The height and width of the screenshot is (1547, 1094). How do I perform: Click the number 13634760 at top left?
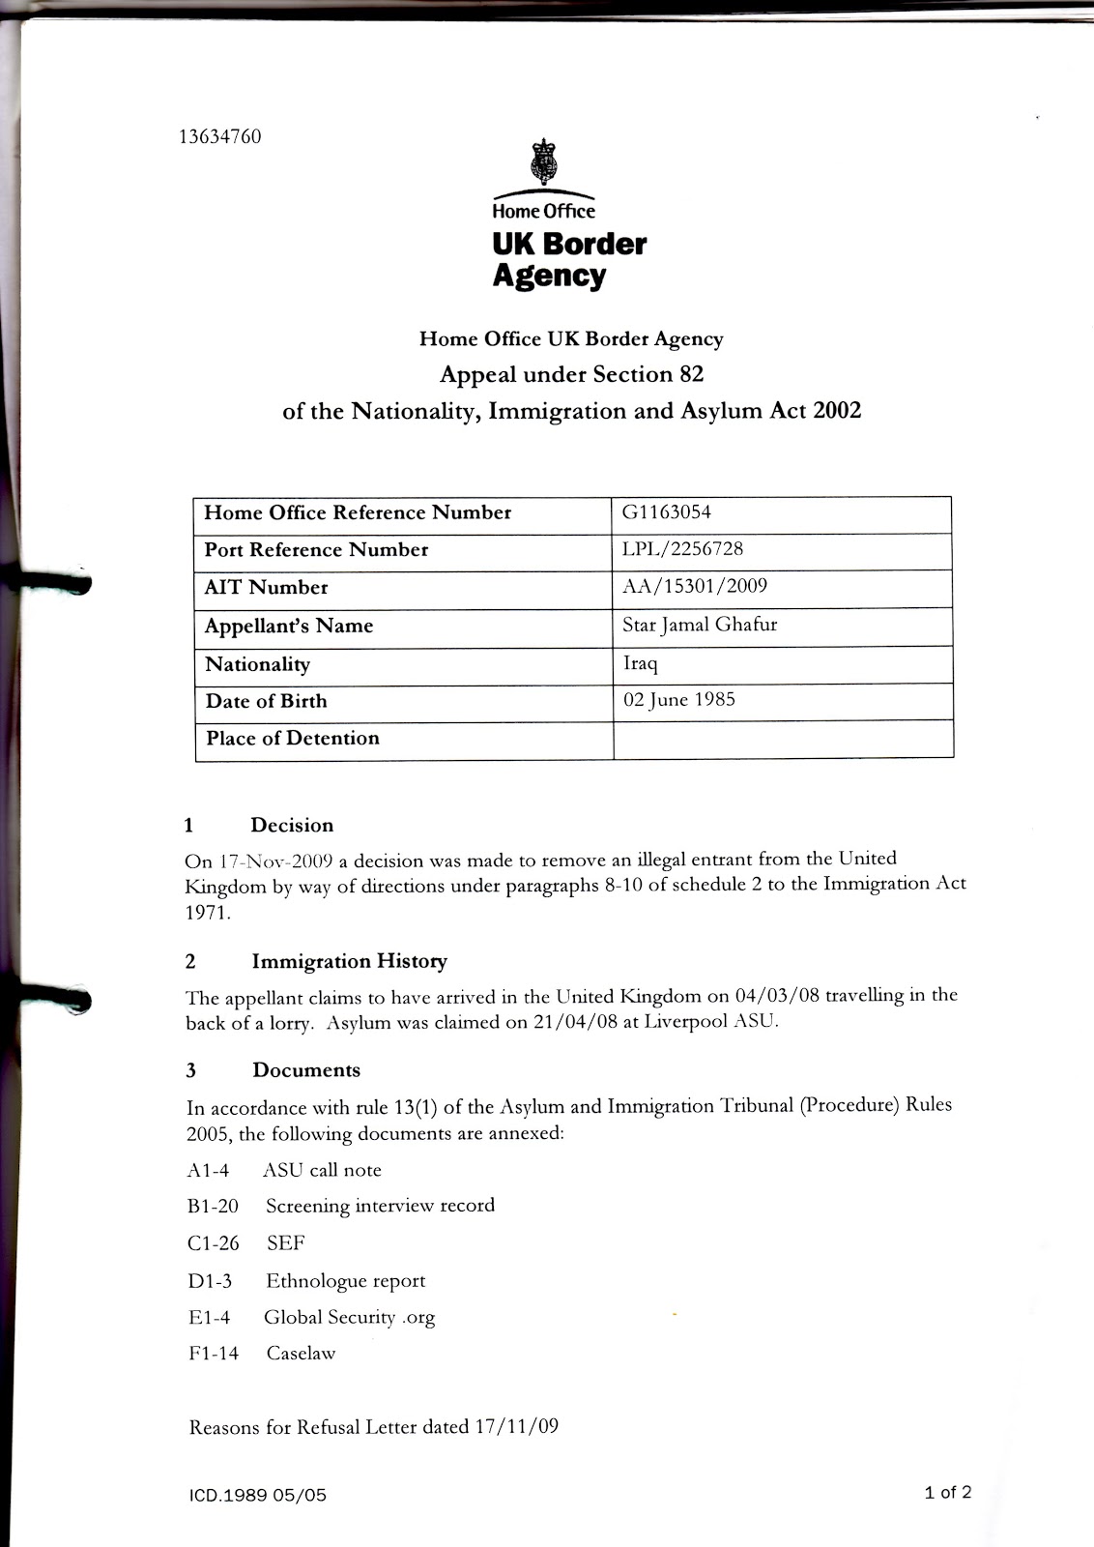pyautogui.click(x=219, y=136)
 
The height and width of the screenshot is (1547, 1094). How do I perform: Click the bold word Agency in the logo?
pyautogui.click(x=549, y=276)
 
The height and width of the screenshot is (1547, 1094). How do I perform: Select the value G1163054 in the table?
pyautogui.click(x=667, y=512)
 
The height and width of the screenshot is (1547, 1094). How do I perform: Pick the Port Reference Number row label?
pyautogui.click(x=316, y=550)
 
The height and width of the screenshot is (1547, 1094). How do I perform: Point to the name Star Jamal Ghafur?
pyautogui.click(x=700, y=625)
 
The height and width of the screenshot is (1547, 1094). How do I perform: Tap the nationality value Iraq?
pyautogui.click(x=640, y=663)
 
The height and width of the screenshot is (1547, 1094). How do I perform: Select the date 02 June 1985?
pyautogui.click(x=678, y=699)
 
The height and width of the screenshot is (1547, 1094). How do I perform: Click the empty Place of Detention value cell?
pyautogui.click(x=782, y=739)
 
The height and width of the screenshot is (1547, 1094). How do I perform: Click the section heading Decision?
pyautogui.click(x=292, y=826)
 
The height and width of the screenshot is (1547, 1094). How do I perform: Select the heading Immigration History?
pyautogui.click(x=349, y=962)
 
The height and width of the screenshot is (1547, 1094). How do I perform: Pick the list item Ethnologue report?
pyautogui.click(x=345, y=1281)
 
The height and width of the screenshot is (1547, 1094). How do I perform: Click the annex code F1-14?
pyautogui.click(x=214, y=1354)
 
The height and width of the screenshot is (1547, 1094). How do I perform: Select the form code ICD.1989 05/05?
pyautogui.click(x=258, y=1496)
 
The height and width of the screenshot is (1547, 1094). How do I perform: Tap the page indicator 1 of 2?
pyautogui.click(x=947, y=1492)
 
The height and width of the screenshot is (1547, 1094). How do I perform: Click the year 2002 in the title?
pyautogui.click(x=837, y=411)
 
